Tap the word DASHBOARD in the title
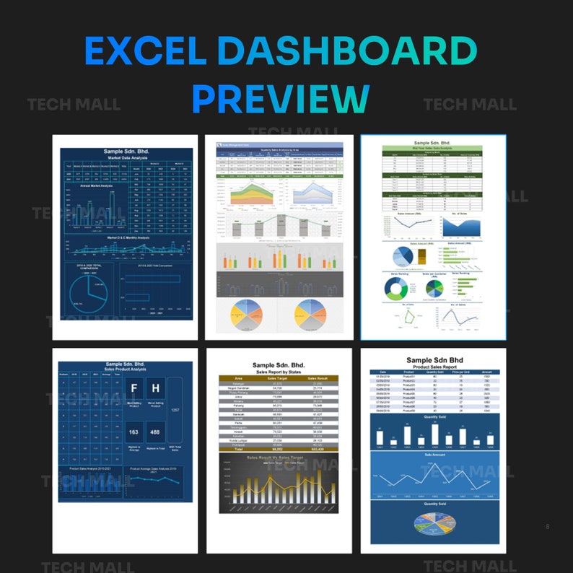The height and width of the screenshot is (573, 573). (346, 53)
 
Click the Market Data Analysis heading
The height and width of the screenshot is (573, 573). (126, 157)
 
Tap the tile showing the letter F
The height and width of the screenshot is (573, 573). (135, 389)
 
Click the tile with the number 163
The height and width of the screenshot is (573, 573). (134, 433)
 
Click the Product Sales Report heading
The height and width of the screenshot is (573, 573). (430, 367)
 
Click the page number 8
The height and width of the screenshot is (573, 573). (548, 527)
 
